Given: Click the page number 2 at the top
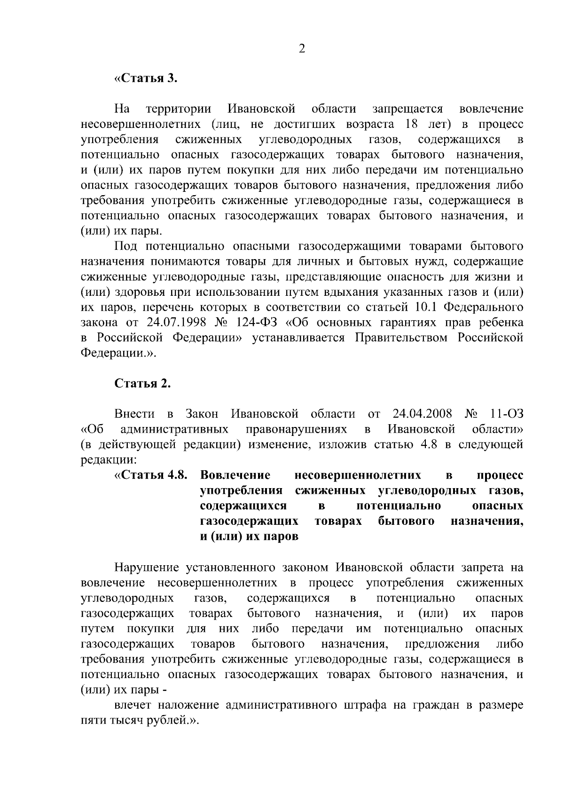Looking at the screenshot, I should pyautogui.click(x=302, y=49).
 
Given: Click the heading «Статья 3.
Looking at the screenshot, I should pyautogui.click(x=146, y=78).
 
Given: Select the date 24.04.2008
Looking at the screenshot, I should pyautogui.click(x=421, y=414).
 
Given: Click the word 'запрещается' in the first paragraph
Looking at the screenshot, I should pyautogui.click(x=407, y=109).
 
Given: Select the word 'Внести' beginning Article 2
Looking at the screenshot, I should pyautogui.click(x=135, y=414).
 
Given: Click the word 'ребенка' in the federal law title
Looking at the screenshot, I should pyautogui.click(x=501, y=323).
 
